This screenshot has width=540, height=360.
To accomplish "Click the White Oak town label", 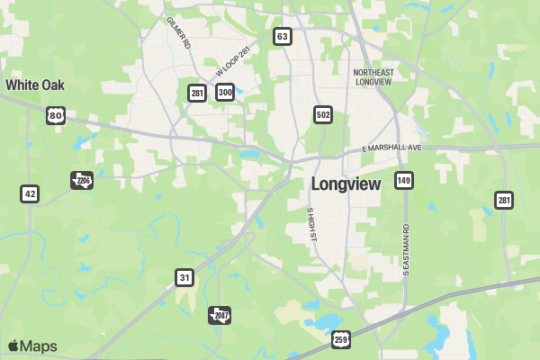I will pyautogui.click(x=35, y=85).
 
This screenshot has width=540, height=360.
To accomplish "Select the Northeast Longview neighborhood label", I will pyautogui.click(x=373, y=76).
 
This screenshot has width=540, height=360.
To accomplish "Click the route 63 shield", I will pyautogui.click(x=283, y=37).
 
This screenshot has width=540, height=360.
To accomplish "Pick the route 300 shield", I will pyautogui.click(x=225, y=93).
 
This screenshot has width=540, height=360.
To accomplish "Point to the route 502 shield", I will pyautogui.click(x=323, y=114).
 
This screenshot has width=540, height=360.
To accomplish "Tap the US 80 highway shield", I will pyautogui.click(x=57, y=114).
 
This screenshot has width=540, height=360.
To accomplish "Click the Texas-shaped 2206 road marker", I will pyautogui.click(x=82, y=180).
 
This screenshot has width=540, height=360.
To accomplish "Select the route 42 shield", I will pyautogui.click(x=31, y=193).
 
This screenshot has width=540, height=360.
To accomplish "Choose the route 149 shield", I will pyautogui.click(x=404, y=181).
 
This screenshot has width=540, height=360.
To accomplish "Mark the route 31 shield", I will pyautogui.click(x=184, y=278).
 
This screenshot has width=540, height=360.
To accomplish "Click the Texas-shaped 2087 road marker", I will pyautogui.click(x=220, y=315).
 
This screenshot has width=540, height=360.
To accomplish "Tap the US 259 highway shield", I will pyautogui.click(x=340, y=339).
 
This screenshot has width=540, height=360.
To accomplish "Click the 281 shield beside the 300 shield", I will pyautogui.click(x=197, y=93).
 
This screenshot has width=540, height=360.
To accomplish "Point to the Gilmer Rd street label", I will pyautogui.click(x=178, y=32).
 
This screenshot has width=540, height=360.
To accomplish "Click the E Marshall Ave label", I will pyautogui.click(x=391, y=148).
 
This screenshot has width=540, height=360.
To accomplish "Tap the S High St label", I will pyautogui.click(x=311, y=223).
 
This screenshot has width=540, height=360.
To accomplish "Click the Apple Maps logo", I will pyautogui.click(x=32, y=346).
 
